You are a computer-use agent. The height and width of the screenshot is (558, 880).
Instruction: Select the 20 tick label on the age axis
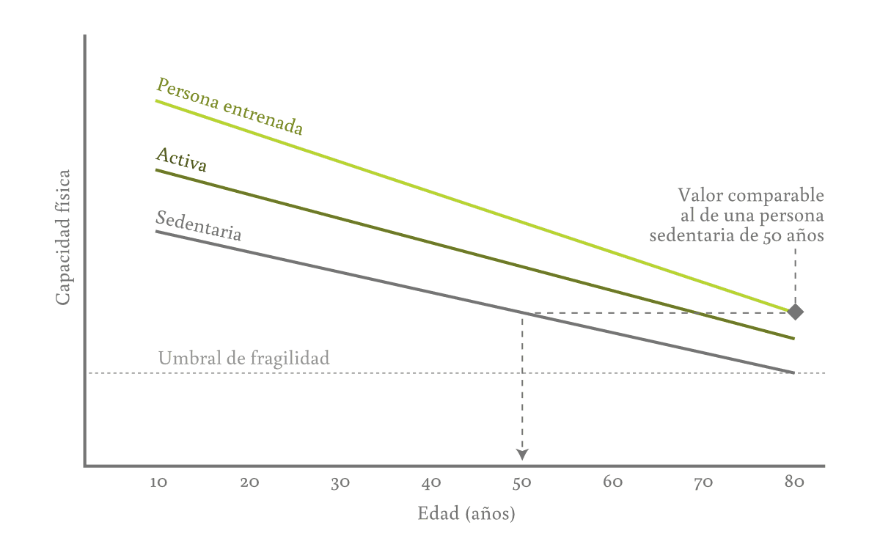[250, 482]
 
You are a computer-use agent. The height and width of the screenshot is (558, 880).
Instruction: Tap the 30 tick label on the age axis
[340, 482]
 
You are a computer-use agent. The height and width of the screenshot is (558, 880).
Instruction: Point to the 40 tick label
[431, 482]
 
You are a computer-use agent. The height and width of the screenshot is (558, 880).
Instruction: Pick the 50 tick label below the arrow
[521, 482]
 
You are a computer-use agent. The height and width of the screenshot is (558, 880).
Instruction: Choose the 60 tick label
[613, 482]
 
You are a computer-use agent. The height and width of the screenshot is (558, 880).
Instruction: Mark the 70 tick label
[703, 482]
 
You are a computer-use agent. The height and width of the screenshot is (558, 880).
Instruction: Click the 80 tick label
[794, 482]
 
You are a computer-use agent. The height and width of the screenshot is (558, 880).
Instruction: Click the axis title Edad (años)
[466, 514]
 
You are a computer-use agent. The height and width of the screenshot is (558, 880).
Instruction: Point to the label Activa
[181, 160]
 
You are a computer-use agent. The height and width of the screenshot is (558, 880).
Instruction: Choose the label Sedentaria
[199, 226]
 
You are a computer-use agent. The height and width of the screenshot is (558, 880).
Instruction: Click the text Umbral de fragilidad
[243, 359]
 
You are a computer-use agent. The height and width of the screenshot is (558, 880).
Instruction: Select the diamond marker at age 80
[795, 312]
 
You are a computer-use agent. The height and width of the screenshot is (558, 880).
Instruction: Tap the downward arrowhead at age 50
[522, 455]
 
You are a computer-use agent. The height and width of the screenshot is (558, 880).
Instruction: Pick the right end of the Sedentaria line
[793, 372]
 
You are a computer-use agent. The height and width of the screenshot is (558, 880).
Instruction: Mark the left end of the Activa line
[156, 170]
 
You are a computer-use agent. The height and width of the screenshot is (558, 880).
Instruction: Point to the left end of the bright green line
[156, 100]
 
